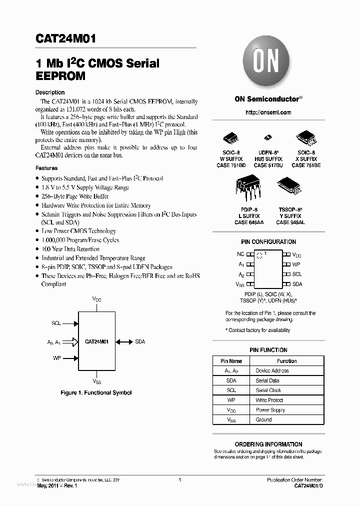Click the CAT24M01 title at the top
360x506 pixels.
[x=66, y=38]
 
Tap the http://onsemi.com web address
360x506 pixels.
[x=268, y=112]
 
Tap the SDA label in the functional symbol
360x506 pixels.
[x=140, y=342]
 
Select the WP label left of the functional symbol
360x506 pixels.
[x=56, y=358]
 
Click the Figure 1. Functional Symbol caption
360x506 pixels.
[x=96, y=393]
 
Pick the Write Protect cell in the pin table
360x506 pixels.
[x=269, y=400]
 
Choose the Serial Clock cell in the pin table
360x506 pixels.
[x=268, y=390]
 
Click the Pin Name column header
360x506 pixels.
[x=231, y=361]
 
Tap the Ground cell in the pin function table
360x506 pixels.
[x=264, y=420]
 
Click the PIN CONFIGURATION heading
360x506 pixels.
[x=268, y=242]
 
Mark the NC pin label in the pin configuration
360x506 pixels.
[x=240, y=254]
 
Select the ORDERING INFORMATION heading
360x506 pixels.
[x=268, y=444]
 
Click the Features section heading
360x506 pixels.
[x=46, y=168]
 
